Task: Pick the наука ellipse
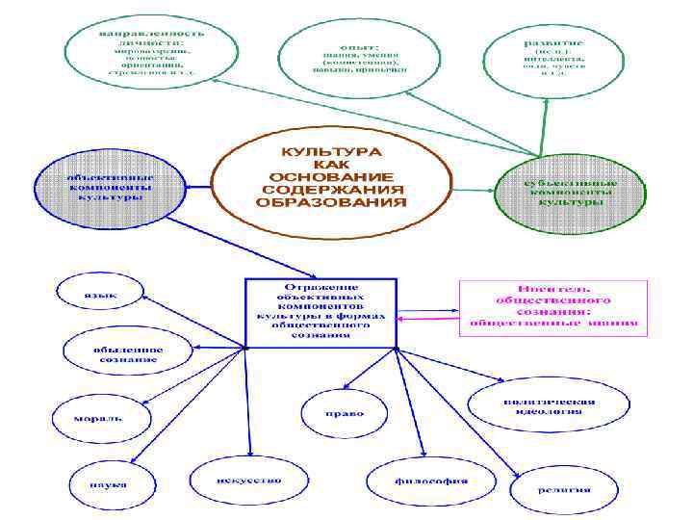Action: (104, 484)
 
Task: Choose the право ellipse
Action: (345, 414)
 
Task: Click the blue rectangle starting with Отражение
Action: (321, 313)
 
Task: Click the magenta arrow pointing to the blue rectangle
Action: (428, 321)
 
